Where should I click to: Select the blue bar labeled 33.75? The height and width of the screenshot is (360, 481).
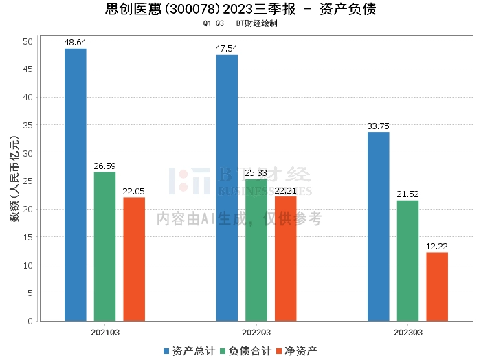[379, 226]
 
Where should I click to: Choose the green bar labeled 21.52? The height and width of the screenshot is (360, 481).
[408, 260]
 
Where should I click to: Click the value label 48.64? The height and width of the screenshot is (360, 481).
[76, 43]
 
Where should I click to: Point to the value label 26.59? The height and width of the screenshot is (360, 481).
[105, 166]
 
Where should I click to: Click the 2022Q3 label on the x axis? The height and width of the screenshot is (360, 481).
[256, 333]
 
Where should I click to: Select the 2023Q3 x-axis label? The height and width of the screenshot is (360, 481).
[408, 333]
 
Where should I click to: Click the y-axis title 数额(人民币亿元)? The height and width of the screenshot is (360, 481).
[14, 181]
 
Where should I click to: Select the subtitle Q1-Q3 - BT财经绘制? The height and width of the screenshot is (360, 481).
[240, 23]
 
